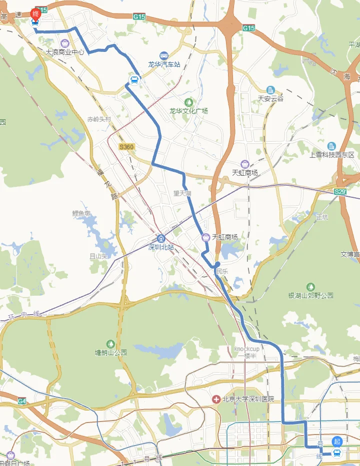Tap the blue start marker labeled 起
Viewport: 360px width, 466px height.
pyautogui.click(x=337, y=441)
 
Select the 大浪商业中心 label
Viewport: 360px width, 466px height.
pyautogui.click(x=65, y=51)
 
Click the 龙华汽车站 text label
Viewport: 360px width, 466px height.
pyautogui.click(x=163, y=64)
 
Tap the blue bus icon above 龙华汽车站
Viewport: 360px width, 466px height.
pyautogui.click(x=163, y=55)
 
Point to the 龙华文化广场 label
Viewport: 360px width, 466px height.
pyautogui.click(x=188, y=111)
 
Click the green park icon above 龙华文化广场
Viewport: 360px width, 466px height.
pyautogui.click(x=188, y=102)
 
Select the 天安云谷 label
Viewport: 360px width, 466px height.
pyautogui.click(x=270, y=98)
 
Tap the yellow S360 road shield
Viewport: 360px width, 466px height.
pyautogui.click(x=126, y=147)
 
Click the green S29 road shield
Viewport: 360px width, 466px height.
pyautogui.click(x=340, y=191)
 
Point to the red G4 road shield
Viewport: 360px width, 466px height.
pyautogui.click(x=21, y=401)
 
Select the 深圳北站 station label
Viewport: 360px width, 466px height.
pyautogui.click(x=161, y=247)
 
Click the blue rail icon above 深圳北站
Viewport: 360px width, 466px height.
pyautogui.click(x=161, y=238)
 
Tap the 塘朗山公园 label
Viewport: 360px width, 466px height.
pyautogui.click(x=111, y=353)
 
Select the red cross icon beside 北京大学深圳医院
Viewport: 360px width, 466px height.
pyautogui.click(x=216, y=399)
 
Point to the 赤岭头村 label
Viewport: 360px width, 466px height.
pyautogui.click(x=99, y=119)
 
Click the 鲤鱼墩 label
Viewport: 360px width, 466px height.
pyautogui.click(x=81, y=213)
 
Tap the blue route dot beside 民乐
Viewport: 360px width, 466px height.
pyautogui.click(x=217, y=265)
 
